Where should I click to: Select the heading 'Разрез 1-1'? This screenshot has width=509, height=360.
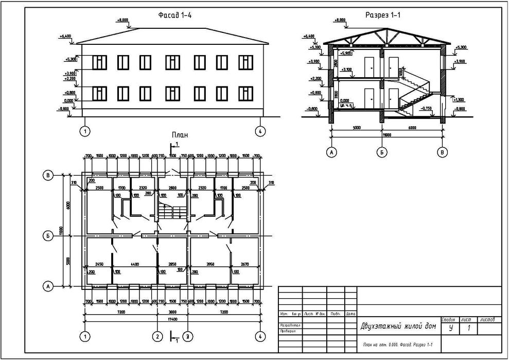click(x=383, y=15)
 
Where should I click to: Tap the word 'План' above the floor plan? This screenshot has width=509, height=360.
click(x=180, y=135)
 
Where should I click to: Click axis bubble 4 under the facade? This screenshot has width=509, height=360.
click(x=260, y=131)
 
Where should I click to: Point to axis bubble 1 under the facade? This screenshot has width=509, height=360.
click(x=85, y=131)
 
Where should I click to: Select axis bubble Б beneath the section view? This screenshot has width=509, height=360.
click(x=381, y=152)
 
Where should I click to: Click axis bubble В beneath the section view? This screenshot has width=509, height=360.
click(x=442, y=152)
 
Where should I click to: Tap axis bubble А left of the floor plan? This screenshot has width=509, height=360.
click(x=47, y=285)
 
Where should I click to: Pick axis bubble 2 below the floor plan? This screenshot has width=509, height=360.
click(x=156, y=336)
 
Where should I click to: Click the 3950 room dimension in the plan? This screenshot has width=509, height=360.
click(x=210, y=264)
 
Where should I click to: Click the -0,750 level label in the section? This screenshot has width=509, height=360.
click(x=426, y=109)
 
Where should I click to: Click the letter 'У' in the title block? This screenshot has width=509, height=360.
click(x=451, y=328)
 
